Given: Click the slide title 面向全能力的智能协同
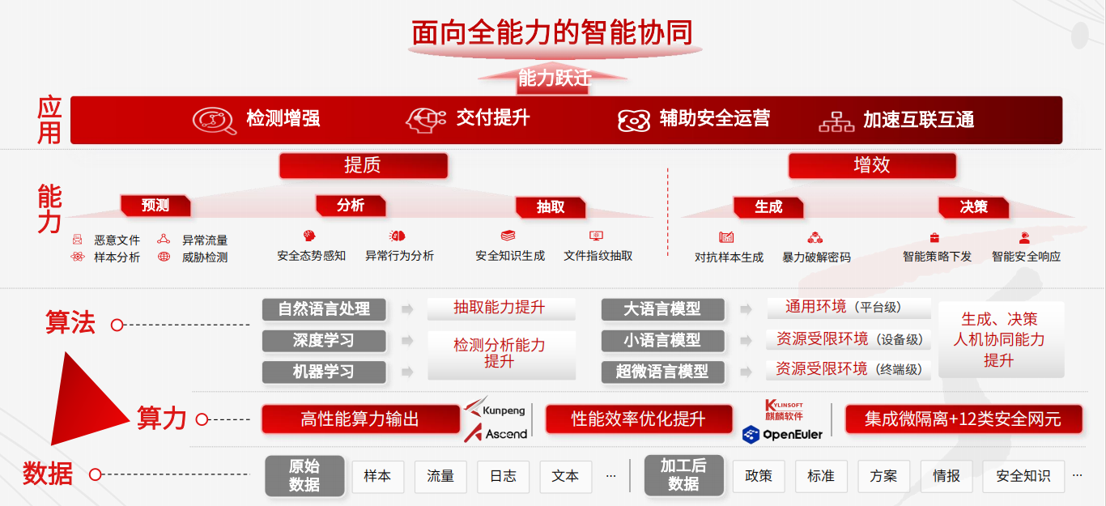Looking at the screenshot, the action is [x=552, y=32].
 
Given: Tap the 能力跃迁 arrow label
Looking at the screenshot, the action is [x=555, y=78].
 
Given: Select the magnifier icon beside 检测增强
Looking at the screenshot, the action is [x=215, y=120].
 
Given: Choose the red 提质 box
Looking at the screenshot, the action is [x=364, y=165].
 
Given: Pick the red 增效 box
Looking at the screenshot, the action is [x=872, y=165].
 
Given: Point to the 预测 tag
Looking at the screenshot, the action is [x=155, y=206].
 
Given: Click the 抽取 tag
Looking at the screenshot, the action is [x=551, y=206].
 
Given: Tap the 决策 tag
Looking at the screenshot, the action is [x=974, y=206].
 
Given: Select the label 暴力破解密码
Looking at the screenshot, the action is [x=817, y=257].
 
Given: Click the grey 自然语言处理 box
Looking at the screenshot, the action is [x=324, y=309].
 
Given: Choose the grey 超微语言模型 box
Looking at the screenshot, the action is [x=662, y=372].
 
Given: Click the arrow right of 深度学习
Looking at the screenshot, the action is [x=407, y=341].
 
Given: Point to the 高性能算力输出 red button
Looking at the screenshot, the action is [x=360, y=419].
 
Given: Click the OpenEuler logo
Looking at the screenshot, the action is [x=782, y=435].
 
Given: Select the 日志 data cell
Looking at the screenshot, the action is [x=503, y=476].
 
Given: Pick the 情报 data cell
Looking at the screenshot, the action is [x=946, y=476].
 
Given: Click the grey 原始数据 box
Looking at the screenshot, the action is [x=304, y=476].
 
